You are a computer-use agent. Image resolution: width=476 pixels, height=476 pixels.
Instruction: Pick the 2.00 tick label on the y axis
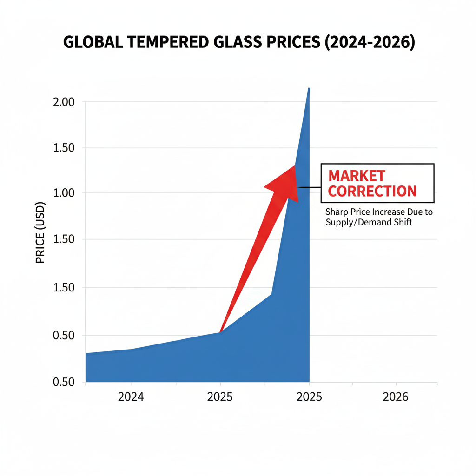pos(64,102)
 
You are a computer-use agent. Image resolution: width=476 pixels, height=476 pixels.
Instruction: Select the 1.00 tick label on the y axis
pos(64,193)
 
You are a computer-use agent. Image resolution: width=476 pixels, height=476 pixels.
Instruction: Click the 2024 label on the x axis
pos(131,397)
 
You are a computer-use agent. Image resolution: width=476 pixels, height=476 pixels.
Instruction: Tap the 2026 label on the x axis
pos(396,397)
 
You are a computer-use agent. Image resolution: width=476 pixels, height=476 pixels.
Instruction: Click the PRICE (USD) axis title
pos(40,232)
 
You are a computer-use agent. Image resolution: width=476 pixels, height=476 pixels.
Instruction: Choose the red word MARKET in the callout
pos(357,176)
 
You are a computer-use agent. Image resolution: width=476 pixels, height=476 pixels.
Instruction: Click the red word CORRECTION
pos(372,191)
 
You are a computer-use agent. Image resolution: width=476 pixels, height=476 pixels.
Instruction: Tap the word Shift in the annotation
pos(403,223)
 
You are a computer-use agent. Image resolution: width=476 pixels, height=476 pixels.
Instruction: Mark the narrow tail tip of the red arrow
pos(220,331)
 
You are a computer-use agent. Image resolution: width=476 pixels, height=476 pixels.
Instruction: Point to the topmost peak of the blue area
pos(309,88)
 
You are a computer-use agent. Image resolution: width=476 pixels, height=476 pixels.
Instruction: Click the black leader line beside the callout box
pos(310,187)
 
